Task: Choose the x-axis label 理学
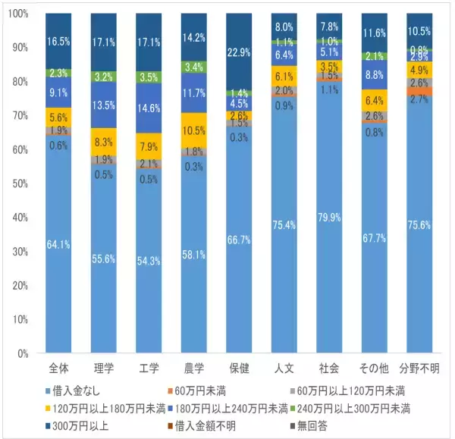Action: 103,369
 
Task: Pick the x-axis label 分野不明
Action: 420,369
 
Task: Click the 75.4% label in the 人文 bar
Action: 285,224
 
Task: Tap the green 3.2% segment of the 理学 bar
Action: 103,77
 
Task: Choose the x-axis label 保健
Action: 240,369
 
